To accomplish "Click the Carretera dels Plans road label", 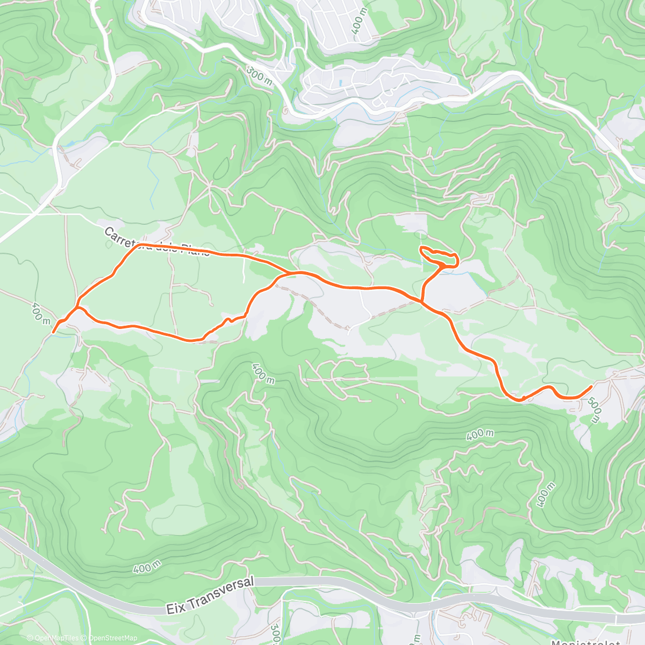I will (155, 243).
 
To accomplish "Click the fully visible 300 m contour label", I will (259, 74).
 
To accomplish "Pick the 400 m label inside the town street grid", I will (359, 22).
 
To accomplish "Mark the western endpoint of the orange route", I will (53, 332).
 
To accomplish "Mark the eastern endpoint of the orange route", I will (592, 386).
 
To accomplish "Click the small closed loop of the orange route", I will (438, 256).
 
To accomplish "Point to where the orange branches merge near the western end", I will (78, 307).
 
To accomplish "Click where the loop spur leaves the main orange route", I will (421, 302).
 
